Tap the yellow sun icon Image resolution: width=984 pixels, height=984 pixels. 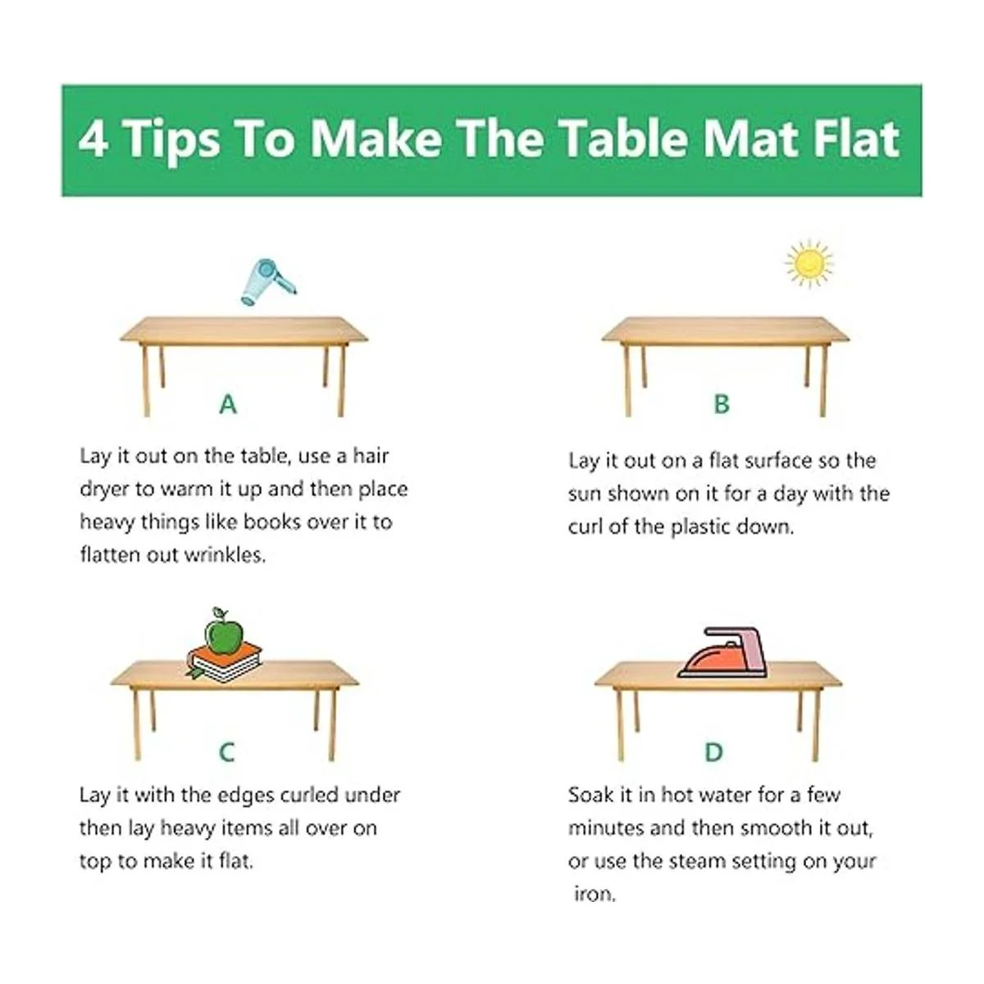(x=809, y=264)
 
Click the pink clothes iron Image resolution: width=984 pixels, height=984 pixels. (x=722, y=653)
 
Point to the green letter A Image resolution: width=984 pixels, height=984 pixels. (x=228, y=405)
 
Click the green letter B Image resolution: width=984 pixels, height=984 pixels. (x=722, y=404)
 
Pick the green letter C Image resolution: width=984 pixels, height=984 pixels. (x=226, y=752)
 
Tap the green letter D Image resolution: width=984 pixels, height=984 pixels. (x=714, y=752)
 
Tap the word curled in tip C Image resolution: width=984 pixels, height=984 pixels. (x=309, y=795)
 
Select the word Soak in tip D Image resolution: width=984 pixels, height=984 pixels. (x=590, y=795)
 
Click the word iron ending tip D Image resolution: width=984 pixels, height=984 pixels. (x=594, y=895)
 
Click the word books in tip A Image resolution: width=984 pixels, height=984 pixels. (x=273, y=522)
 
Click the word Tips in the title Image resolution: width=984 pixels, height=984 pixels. (x=171, y=139)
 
